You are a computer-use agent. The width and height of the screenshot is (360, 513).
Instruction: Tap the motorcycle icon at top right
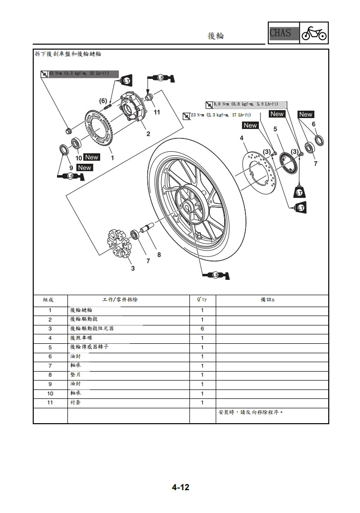click(x=314, y=33)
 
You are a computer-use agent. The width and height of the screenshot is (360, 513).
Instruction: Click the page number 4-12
click(x=180, y=488)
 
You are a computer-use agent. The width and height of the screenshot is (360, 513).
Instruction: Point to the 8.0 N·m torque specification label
click(x=246, y=105)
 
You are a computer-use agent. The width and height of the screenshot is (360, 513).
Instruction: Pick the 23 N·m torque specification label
click(x=217, y=115)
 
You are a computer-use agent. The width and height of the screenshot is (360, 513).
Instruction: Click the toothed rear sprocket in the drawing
click(x=99, y=131)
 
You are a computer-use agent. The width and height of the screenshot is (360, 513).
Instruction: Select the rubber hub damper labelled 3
click(x=120, y=245)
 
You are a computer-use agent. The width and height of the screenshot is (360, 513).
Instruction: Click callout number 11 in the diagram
click(x=157, y=113)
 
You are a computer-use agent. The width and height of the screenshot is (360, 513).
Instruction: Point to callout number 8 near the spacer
click(x=159, y=255)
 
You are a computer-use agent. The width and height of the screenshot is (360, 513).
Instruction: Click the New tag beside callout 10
click(x=92, y=157)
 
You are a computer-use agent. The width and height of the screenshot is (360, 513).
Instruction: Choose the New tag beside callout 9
click(x=85, y=168)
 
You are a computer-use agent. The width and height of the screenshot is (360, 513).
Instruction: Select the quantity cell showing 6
click(x=202, y=329)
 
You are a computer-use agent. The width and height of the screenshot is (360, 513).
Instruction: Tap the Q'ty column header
click(x=202, y=300)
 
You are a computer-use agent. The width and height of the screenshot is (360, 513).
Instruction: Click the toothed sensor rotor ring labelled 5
click(x=288, y=163)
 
